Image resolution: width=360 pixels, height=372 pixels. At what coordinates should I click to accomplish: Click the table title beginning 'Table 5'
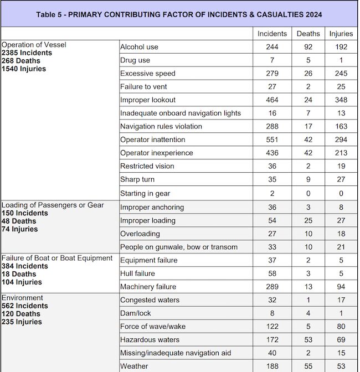tap(179, 14)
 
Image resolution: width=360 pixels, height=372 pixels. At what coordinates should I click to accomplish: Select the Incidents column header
tap(272, 34)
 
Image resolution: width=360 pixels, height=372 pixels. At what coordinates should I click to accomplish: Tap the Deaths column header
tap(308, 34)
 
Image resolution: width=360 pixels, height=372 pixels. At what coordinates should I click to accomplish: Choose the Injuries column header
tap(341, 34)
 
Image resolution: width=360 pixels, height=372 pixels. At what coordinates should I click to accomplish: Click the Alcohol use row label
tap(139, 47)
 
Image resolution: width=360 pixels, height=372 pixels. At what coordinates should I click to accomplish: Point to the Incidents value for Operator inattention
tap(272, 140)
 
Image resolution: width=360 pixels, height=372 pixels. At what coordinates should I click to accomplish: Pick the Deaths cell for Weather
tap(308, 366)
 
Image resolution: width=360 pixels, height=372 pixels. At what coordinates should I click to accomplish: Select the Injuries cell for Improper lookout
tap(341, 100)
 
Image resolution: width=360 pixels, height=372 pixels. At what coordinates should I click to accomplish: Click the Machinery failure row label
tap(148, 287)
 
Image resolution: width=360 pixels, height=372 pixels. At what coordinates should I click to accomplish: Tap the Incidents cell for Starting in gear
tap(272, 193)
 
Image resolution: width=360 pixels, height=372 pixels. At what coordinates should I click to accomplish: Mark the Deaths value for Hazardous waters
tap(308, 340)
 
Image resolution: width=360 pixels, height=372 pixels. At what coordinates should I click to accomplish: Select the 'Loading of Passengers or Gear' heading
tap(53, 205)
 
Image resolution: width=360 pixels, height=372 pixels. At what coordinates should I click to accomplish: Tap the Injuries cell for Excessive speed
tap(341, 74)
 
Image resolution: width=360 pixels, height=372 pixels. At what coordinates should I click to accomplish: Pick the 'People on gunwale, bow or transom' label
tap(179, 247)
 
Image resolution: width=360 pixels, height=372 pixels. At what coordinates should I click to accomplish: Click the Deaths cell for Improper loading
tap(308, 220)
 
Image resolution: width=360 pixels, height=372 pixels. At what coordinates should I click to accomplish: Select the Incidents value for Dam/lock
tap(272, 313)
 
